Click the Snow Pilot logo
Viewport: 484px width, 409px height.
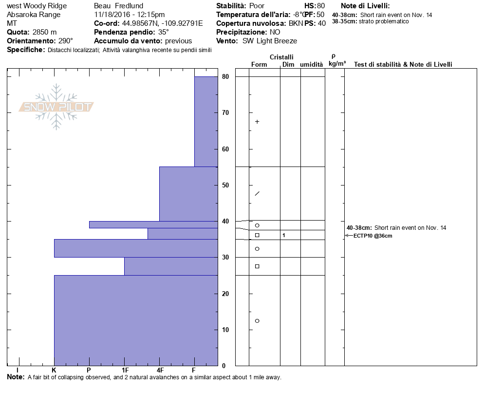point(56,107)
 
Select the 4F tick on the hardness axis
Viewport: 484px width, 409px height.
point(160,371)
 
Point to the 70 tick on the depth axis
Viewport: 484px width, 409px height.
point(225,113)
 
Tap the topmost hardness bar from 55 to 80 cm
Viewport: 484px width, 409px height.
point(206,122)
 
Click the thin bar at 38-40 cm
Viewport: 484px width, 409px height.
point(153,224)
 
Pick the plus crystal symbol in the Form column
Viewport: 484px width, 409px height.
point(257,122)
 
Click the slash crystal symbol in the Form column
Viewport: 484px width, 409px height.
point(257,193)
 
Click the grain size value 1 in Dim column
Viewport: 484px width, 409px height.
point(283,236)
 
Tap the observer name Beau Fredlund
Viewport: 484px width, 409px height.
point(118,6)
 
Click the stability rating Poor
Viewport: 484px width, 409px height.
point(257,6)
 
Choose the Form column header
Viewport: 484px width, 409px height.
point(259,65)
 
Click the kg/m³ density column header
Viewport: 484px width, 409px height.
point(337,64)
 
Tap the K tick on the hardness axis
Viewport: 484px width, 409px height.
point(54,371)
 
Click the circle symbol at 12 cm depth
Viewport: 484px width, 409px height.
point(257,321)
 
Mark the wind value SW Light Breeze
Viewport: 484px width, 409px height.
point(270,41)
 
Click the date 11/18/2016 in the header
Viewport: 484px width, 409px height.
point(112,15)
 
